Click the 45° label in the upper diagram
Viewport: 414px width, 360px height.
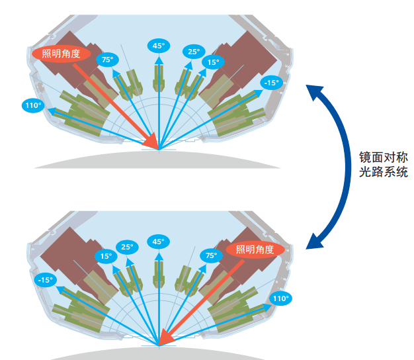pos(159,46)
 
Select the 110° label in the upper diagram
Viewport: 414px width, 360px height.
pos(32,105)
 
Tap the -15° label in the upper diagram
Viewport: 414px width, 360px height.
pos(271,83)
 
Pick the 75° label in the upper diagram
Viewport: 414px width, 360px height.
pos(107,60)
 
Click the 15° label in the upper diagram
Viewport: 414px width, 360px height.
pos(213,63)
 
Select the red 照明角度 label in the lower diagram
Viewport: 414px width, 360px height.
pos(255,249)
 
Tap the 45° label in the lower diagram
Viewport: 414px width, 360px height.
pos(159,242)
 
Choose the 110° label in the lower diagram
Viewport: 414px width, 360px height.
pos(280,298)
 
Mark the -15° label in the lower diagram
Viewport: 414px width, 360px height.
pos(45,280)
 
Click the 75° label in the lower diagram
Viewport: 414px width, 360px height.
pos(212,255)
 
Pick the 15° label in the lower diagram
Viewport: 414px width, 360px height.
pos(106,256)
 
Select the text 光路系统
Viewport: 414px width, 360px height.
pos(383,173)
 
